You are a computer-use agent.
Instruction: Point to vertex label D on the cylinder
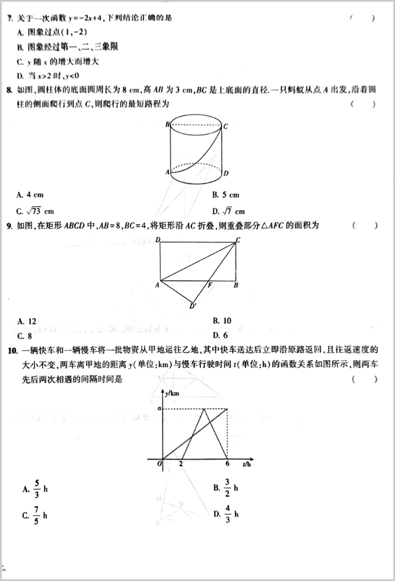click(x=226, y=173)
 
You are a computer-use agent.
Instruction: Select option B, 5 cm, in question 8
click(x=226, y=195)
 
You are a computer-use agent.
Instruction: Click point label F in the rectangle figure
click(x=210, y=285)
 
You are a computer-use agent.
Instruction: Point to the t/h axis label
click(x=246, y=465)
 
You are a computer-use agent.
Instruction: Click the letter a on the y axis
click(x=159, y=408)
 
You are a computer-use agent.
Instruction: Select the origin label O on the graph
click(x=159, y=464)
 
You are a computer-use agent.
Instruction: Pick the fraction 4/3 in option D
click(x=227, y=513)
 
